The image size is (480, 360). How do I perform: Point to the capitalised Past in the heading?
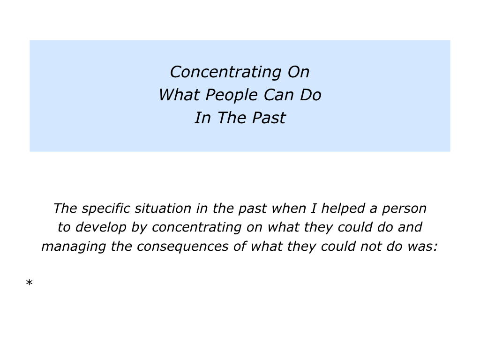[x=269, y=118]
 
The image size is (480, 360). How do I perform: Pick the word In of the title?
[x=202, y=118]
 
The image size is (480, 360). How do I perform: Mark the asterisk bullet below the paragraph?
[x=30, y=283]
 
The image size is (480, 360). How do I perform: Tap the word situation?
[x=163, y=209]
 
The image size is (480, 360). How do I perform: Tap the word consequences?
[x=182, y=247]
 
